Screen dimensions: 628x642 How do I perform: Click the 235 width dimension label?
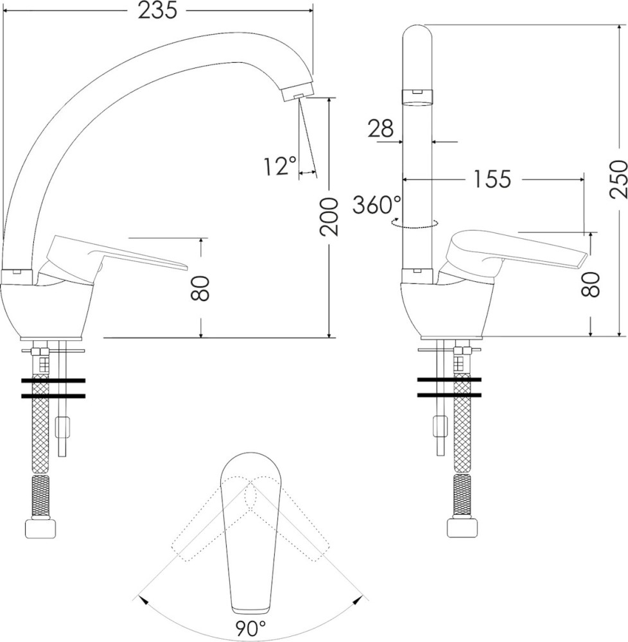157,10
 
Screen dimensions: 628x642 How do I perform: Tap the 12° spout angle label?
279,166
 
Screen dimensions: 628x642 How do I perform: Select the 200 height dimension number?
329,216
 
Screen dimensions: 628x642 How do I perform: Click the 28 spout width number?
380,128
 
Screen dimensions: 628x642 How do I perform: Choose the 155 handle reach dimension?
492,179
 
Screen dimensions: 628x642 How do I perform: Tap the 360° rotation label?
372,205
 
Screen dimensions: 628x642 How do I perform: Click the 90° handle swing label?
250,628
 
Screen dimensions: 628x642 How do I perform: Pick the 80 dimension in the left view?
200,288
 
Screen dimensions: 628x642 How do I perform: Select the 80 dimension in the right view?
591,284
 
